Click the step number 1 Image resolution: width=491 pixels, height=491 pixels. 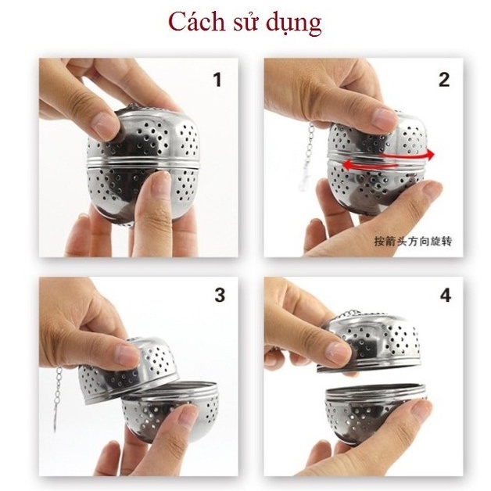pos(217,80)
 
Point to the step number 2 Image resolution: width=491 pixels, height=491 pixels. pos(444,80)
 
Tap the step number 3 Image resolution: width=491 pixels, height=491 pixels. pos(219,295)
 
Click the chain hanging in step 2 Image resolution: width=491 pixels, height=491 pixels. pos(306,149)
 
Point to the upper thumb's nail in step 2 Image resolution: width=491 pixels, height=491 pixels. pos(381,118)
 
